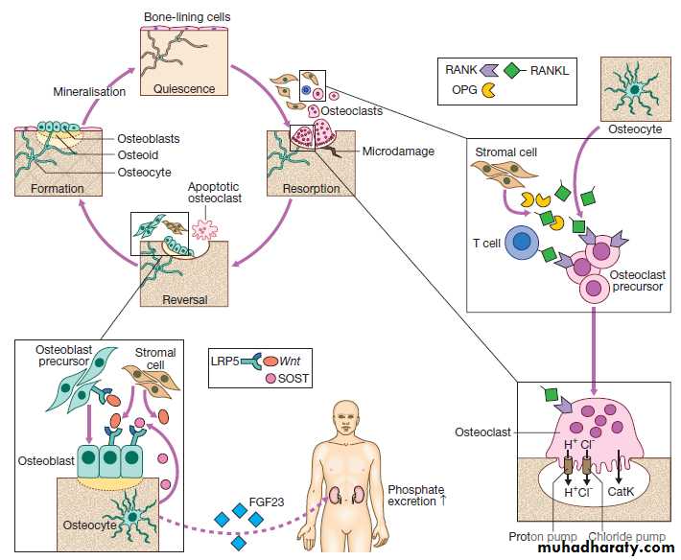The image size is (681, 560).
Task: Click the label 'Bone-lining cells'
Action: coord(187,17)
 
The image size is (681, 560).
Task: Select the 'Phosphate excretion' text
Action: coord(418,496)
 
